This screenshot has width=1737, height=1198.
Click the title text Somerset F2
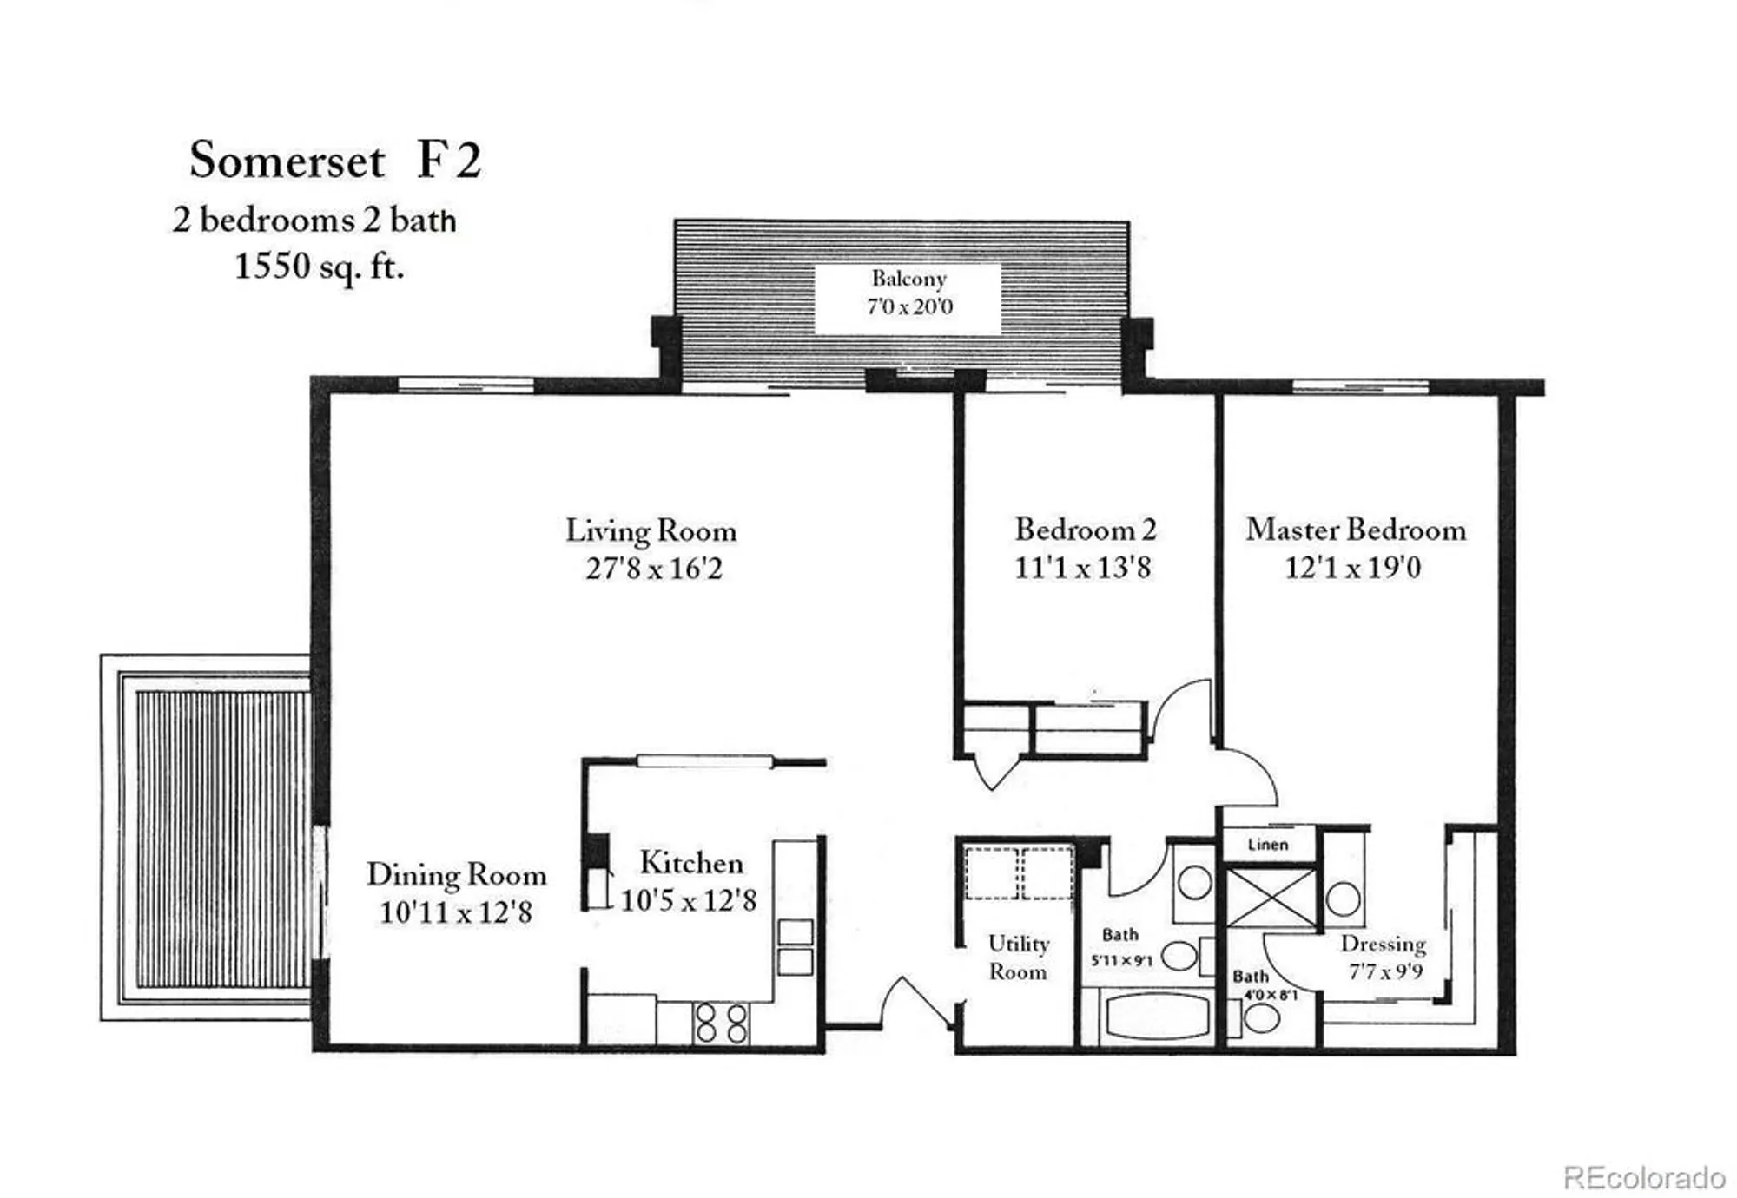coord(334,161)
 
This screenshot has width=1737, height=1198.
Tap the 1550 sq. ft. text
coord(319,266)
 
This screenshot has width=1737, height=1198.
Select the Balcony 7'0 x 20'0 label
coord(908,293)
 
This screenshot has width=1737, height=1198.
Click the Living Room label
coord(651,530)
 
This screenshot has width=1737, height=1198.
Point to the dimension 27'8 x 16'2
coord(653,569)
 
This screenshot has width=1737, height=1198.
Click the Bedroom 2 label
coord(1086,530)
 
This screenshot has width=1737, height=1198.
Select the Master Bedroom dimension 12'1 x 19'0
coord(1352,568)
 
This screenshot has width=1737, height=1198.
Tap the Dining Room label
coord(456,874)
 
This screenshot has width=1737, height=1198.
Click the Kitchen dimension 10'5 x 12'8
coord(688,900)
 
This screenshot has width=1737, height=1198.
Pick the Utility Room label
coord(1018,957)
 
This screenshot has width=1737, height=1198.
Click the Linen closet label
coord(1268,845)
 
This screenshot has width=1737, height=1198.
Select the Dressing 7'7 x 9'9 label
coord(1384,957)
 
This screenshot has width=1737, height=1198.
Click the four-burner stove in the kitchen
coord(722,1024)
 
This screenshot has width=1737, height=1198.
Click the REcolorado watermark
coord(1643,1178)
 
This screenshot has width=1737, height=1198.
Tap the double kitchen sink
coord(795,947)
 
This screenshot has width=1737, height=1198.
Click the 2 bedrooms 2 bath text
coord(314,220)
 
